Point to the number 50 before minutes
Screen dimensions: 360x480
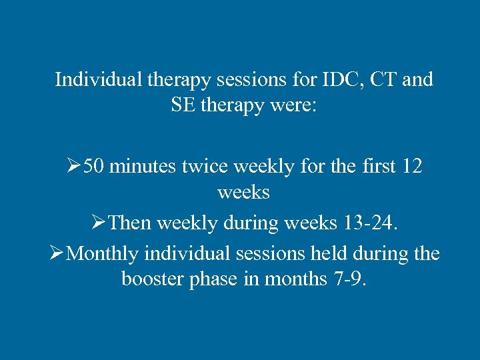(x=94, y=166)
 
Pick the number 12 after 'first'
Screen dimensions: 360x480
(x=412, y=166)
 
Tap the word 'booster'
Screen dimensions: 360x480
(x=150, y=278)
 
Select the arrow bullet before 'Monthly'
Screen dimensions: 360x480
(x=58, y=253)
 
